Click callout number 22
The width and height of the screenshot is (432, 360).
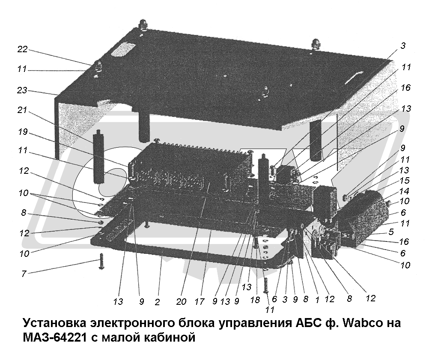[23, 50]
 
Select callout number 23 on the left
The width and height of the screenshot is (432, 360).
[22, 90]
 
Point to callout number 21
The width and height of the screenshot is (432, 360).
[22, 110]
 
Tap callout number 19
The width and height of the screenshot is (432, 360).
[23, 132]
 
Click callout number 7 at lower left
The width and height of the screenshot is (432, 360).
[24, 274]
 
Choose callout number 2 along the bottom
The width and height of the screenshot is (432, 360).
[157, 302]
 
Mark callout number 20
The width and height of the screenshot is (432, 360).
[181, 302]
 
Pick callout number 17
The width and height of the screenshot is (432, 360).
[200, 302]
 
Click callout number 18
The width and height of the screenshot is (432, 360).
[255, 300]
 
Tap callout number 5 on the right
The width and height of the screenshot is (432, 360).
[391, 232]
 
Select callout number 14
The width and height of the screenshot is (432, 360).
[404, 191]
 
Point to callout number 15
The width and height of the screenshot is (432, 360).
[404, 180]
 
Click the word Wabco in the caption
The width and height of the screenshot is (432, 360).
[360, 322]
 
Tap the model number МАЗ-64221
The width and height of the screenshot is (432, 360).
[55, 337]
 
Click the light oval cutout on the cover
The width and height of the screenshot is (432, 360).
[123, 49]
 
